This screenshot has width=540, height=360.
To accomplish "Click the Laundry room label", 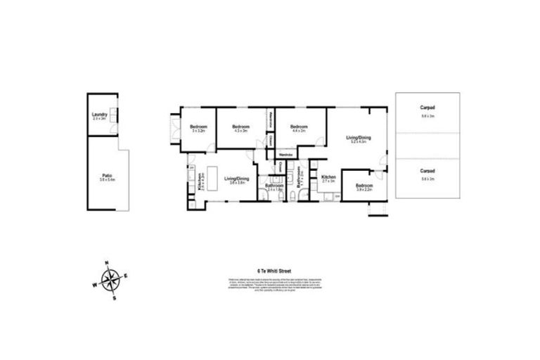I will (x=98, y=115).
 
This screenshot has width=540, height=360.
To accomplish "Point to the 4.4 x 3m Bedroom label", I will (x=297, y=127).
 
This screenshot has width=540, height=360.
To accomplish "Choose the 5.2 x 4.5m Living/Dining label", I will (x=359, y=139).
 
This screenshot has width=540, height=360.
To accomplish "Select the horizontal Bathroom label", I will (x=274, y=186).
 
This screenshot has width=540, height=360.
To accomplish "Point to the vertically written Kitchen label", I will (x=200, y=183).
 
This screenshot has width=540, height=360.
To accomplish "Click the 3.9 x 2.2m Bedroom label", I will (x=364, y=187).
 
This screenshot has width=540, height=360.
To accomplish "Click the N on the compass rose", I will (x=106, y=264).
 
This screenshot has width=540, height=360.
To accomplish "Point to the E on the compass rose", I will (x=125, y=275).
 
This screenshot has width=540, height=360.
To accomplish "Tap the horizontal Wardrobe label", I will (x=285, y=154).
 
